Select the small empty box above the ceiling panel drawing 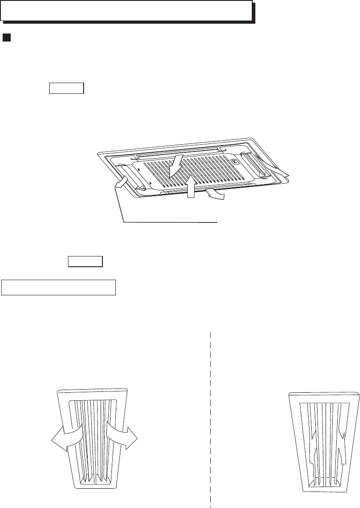pyautogui.click(x=66, y=88)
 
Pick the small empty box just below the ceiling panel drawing pyautogui.click(x=85, y=261)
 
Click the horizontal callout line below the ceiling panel pyautogui.click(x=170, y=222)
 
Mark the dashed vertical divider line pyautogui.click(x=210, y=416)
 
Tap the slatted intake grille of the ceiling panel pyautogui.click(x=201, y=172)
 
